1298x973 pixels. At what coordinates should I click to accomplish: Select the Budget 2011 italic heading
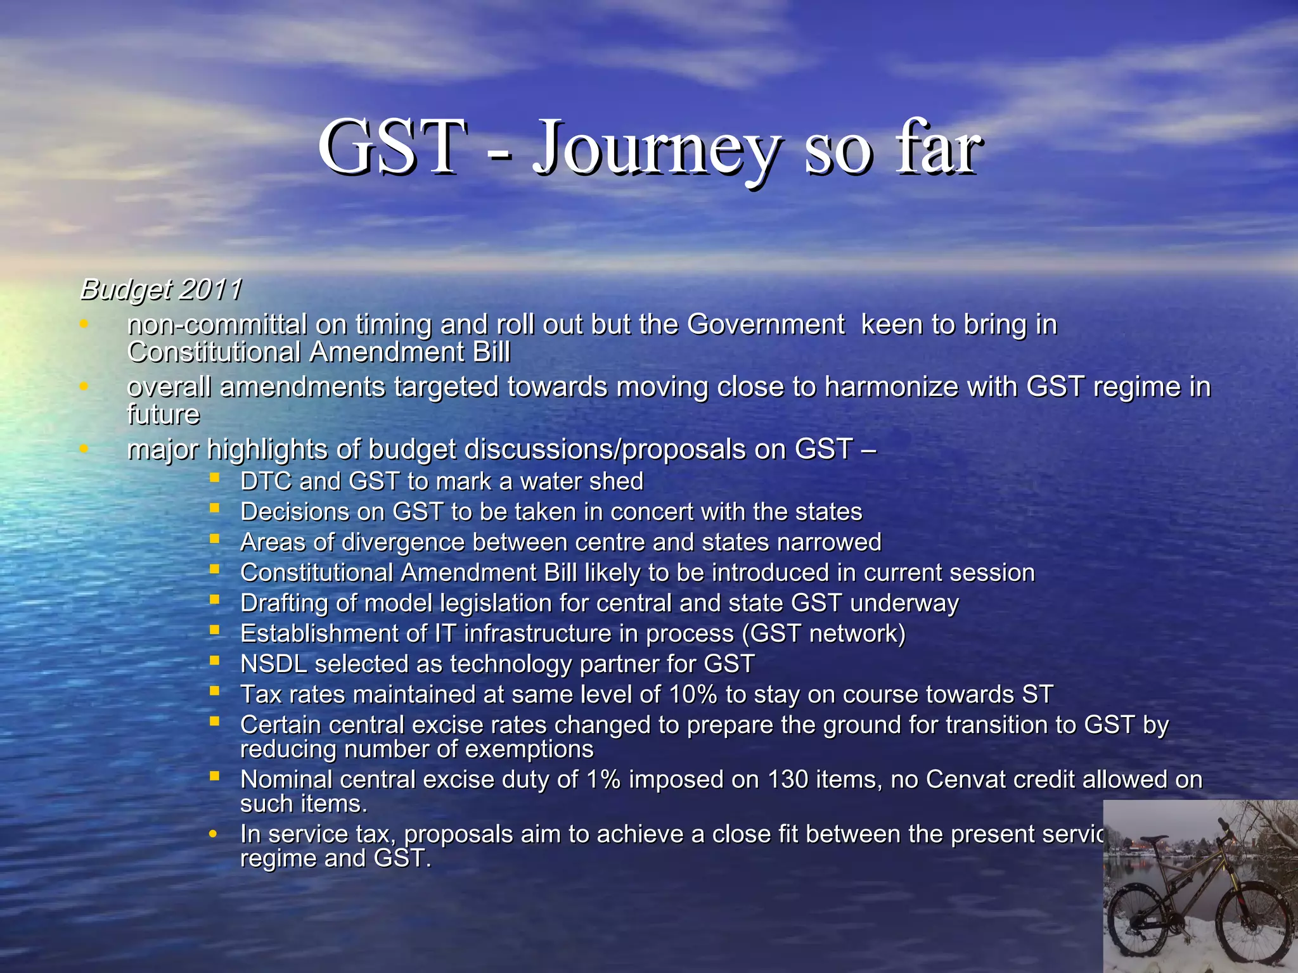(161, 289)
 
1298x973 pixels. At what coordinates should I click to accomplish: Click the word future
(163, 415)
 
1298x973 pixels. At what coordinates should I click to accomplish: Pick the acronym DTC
(266, 481)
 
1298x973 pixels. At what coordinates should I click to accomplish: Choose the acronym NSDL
(274, 664)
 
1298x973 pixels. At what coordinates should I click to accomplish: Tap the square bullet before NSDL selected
(215, 661)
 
